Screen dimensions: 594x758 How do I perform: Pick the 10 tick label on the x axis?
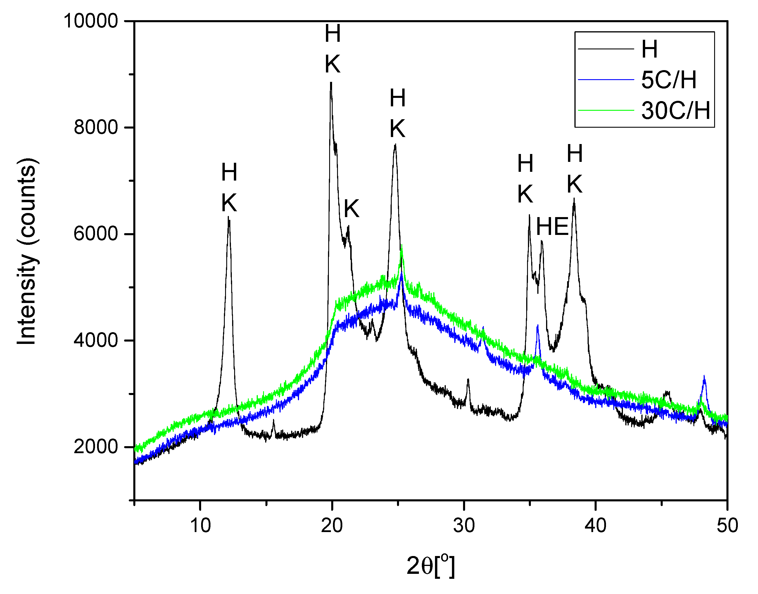[x=200, y=526]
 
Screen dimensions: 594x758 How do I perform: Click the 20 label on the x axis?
[x=332, y=526]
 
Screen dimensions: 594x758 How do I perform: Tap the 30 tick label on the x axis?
[x=464, y=526]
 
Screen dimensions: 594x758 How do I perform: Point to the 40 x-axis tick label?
[x=595, y=526]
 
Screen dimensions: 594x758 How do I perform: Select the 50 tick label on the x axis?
[x=727, y=526]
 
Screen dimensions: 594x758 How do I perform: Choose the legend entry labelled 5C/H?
[x=668, y=80]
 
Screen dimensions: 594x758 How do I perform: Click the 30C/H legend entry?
[x=675, y=111]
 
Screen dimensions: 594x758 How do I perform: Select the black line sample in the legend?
[x=606, y=49]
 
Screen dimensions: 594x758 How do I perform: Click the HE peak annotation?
[x=552, y=227]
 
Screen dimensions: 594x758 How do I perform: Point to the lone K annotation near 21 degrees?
[x=351, y=209]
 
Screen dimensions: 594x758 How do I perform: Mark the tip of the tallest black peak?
[x=331, y=82]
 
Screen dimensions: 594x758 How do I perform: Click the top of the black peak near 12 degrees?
[x=229, y=217]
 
